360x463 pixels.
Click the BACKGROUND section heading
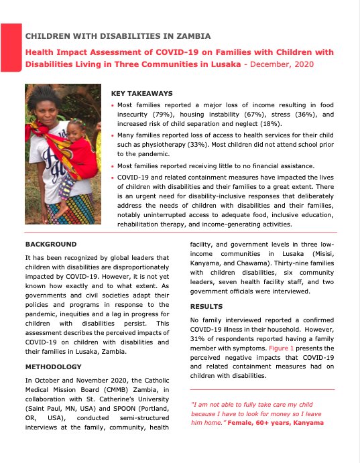click(51, 244)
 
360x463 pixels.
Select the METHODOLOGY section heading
click(54, 367)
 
